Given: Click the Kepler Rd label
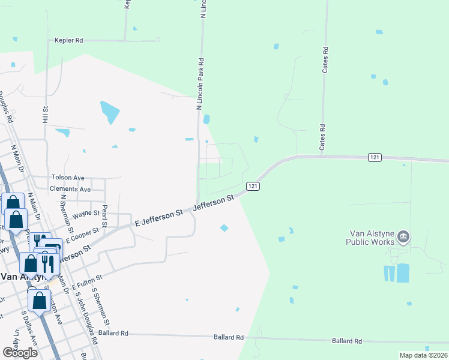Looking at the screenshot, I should tap(68, 40).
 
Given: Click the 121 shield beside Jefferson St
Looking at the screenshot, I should tap(253, 187).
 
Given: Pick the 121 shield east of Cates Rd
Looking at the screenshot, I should tap(375, 157).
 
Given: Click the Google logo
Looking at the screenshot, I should tap(20, 352).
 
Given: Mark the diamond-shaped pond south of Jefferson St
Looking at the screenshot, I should tap(224, 227).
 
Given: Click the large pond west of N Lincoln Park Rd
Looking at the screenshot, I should tap(110, 112).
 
